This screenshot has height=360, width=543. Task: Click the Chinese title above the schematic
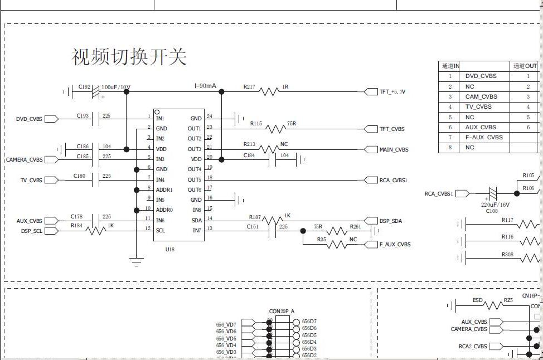(129, 57)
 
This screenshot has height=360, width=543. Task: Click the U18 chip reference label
(169, 249)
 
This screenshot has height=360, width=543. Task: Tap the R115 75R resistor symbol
(275, 129)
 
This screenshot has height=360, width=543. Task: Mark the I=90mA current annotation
(205, 85)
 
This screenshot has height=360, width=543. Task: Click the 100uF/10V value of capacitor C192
(116, 87)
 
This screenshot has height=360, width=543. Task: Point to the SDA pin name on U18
(196, 220)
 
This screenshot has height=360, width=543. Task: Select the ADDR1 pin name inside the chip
(165, 189)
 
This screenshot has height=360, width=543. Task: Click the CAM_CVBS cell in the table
(481, 96)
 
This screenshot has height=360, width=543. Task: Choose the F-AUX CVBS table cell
(483, 137)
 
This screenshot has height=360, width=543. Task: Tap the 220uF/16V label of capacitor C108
(495, 205)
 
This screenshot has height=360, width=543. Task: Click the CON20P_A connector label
(282, 311)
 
